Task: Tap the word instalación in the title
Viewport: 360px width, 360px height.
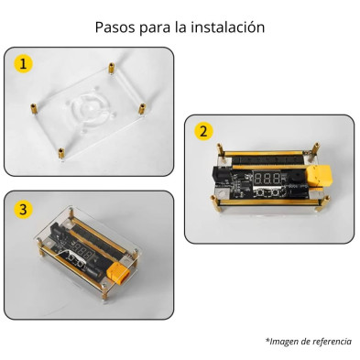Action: point(228,27)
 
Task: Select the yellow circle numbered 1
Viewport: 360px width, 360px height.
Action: point(23,64)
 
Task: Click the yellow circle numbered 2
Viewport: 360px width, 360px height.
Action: point(203,131)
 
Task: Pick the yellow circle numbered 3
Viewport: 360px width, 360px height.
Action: point(23,209)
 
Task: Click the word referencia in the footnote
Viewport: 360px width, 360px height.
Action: point(332,341)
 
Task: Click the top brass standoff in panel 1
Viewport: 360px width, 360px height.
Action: point(112,68)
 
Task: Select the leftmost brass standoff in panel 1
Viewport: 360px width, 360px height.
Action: point(33,109)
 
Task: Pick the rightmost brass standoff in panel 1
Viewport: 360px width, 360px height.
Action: point(142,109)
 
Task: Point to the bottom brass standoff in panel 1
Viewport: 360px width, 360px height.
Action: point(61,153)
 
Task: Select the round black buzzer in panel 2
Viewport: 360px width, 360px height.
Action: point(292,178)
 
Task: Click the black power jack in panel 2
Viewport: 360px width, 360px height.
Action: point(223,175)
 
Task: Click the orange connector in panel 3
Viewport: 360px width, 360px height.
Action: point(118,273)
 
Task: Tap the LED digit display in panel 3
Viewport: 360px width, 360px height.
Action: point(81,251)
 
